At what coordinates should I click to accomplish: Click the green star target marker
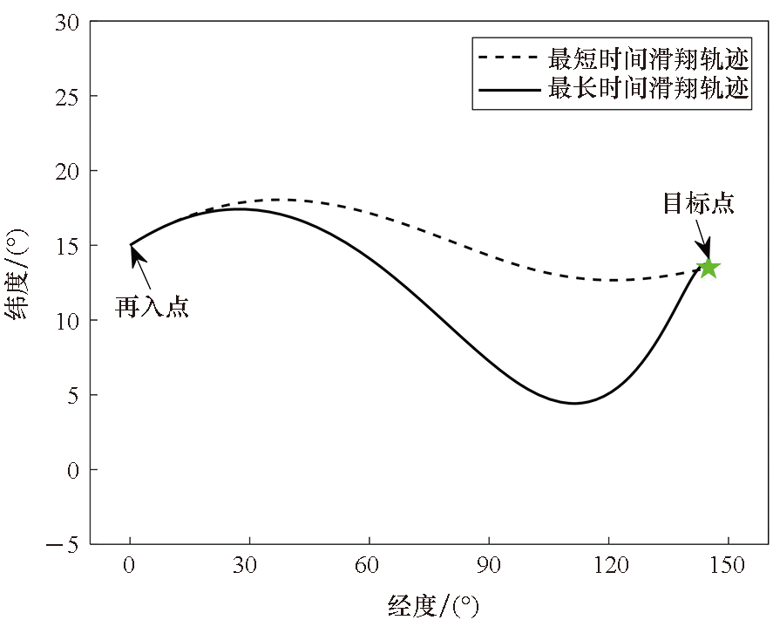709,268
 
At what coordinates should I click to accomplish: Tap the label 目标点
698,204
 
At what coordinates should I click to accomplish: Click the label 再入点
153,307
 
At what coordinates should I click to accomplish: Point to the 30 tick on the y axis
68,22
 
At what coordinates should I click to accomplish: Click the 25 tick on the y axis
68,96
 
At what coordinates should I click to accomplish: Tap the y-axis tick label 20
68,171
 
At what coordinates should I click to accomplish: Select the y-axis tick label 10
68,321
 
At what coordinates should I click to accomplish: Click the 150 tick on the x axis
728,566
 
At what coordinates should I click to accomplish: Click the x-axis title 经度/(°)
433,603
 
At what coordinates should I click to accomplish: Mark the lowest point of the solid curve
574,403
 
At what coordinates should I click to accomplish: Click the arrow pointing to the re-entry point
142,267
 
